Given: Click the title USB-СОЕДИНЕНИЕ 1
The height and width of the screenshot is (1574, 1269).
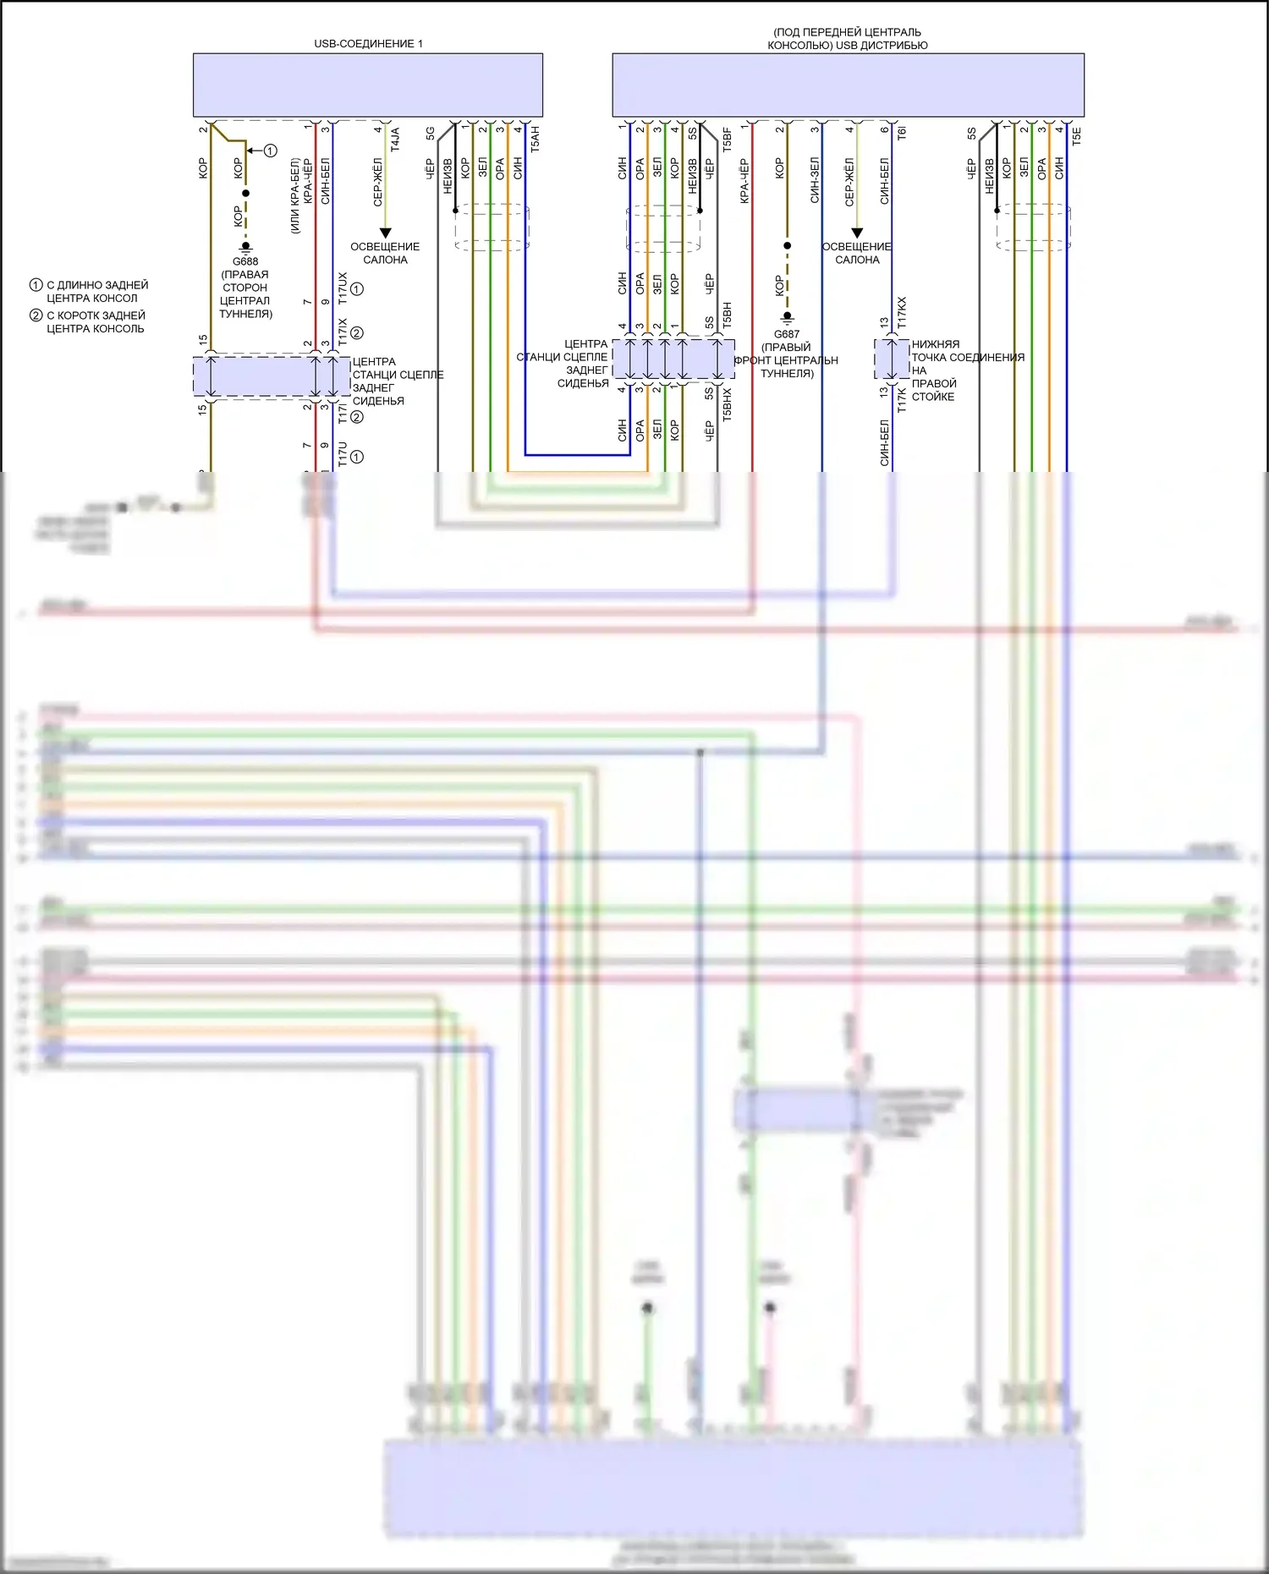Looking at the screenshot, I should coord(368,43).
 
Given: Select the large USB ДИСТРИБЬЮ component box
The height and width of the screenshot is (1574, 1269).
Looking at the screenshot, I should coord(848,85).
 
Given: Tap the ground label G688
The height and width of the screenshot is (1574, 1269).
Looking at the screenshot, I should coord(245,261).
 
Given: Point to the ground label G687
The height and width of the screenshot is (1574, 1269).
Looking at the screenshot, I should coord(787,334).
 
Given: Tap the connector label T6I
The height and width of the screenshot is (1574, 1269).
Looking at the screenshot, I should coord(902,134).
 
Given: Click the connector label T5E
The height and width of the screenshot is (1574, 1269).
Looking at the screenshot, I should coord(1076,136).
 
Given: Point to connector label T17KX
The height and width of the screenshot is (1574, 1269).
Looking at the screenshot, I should coord(902,313).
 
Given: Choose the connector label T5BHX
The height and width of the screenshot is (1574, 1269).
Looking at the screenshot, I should coord(727,404).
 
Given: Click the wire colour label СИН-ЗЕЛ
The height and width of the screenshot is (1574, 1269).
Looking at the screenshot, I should coord(815,180).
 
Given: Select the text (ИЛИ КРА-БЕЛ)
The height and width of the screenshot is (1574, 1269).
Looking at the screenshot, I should coord(294,195).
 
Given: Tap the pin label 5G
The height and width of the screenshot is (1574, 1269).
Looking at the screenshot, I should coord(430,134).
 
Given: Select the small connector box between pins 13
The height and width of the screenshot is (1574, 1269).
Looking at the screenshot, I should coord(891,360).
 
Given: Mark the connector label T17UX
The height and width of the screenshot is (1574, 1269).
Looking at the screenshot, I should coord(343,288).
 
